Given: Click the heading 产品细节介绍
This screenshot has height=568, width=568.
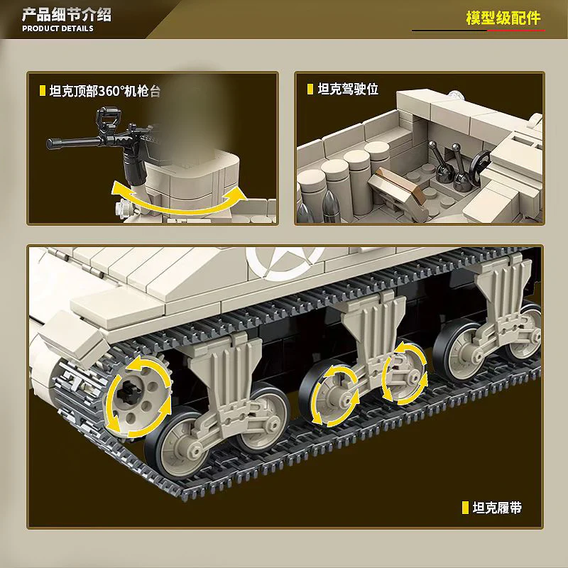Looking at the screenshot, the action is point(67,15).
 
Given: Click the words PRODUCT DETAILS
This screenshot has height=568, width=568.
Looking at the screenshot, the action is point(58,28).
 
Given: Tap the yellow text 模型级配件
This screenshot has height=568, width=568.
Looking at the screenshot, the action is point(503,18).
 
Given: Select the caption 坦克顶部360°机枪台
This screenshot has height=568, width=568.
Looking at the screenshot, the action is point(104,91).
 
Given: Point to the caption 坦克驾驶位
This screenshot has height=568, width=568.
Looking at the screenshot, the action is point(348,89).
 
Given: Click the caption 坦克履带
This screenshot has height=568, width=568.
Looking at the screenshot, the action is point(497,508).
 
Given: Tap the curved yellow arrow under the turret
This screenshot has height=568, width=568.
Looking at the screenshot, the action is point(179,200).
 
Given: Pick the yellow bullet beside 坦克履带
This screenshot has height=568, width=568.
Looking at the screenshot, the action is point(466,508).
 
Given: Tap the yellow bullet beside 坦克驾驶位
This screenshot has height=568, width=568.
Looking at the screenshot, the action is point(310,89).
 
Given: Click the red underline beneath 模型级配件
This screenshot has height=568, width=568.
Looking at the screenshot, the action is point(516,31).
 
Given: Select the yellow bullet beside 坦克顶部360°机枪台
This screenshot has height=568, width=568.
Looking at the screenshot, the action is point(43,91).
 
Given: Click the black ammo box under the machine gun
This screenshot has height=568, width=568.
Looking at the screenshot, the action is point(135,166).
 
